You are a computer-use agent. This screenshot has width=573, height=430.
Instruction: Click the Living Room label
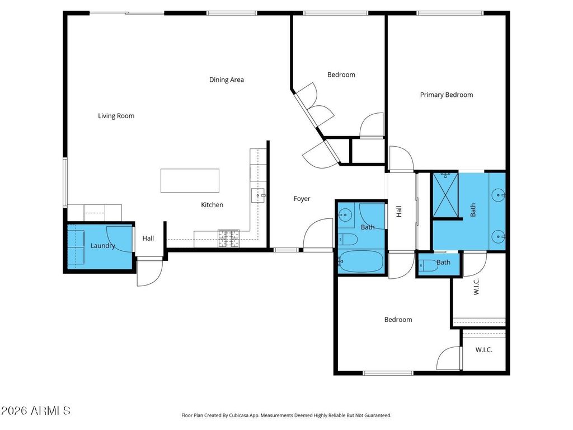pyautogui.click(x=116, y=116)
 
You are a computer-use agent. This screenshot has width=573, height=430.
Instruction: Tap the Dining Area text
pyautogui.click(x=227, y=80)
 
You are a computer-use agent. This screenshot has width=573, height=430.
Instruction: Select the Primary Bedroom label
pyautogui.click(x=447, y=95)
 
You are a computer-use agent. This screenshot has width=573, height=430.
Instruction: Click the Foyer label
pyautogui.click(x=302, y=199)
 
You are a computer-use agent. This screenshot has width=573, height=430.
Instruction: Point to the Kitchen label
pyautogui.click(x=212, y=205)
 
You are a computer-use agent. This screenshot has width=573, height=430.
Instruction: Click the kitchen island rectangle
pyautogui.click(x=190, y=181)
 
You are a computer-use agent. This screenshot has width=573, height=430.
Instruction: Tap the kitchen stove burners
pyautogui.click(x=229, y=238)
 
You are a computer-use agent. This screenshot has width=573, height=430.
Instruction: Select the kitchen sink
pyautogui.click(x=258, y=195)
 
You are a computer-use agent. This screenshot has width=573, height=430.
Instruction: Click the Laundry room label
pyautogui.click(x=103, y=246)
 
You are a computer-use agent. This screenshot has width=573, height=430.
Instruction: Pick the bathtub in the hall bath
pyautogui.click(x=361, y=261)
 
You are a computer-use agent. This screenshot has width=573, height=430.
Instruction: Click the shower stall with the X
pyautogui.click(x=445, y=195)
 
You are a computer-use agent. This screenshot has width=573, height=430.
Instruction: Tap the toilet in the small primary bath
pyautogui.click(x=428, y=265)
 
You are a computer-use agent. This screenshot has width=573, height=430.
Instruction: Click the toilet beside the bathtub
pyautogui.click(x=347, y=240)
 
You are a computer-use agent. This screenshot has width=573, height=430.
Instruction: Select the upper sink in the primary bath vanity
pyautogui.click(x=497, y=195)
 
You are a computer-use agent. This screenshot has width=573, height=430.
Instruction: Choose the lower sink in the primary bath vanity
pyautogui.click(x=497, y=237)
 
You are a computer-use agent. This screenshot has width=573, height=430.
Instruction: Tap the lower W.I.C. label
pyautogui.click(x=484, y=350)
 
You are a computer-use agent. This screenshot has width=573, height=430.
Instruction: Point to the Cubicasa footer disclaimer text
pyautogui.click(x=286, y=415)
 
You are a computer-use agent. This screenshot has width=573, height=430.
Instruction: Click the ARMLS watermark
pyautogui.click(x=35, y=410)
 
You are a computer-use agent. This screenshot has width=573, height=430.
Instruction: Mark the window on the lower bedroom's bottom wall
pyautogui.click(x=388, y=373)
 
